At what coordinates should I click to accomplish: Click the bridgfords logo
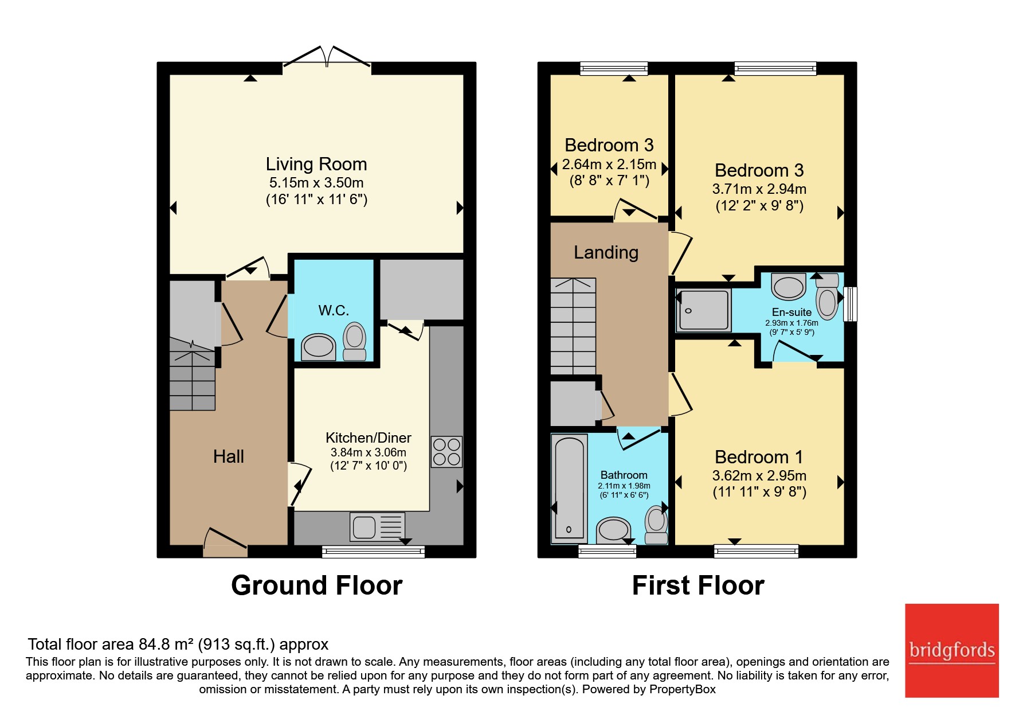point(951,650)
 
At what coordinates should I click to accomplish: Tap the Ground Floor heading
point(316,585)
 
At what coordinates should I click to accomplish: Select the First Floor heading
point(698,585)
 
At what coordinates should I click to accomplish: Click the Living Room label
point(316,164)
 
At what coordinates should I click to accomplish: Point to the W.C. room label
point(334,310)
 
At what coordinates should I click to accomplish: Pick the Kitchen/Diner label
point(369,437)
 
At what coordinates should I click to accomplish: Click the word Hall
point(229,456)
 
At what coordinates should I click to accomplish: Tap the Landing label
point(606,252)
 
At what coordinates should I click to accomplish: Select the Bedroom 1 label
point(759,457)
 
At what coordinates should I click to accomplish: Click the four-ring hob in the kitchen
point(446,451)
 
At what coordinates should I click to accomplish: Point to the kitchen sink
point(377,527)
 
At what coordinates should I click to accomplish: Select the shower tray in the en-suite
point(704,310)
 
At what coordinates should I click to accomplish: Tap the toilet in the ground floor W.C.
point(354,342)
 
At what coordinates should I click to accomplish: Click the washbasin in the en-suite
point(789,286)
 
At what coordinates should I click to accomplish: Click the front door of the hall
point(225,542)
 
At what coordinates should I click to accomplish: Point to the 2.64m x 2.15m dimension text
point(609,165)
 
